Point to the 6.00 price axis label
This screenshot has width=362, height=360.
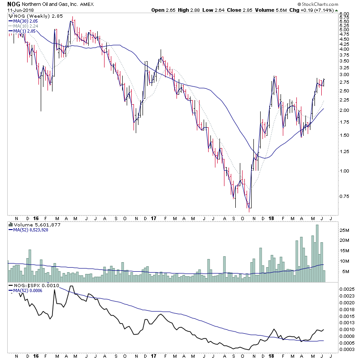pos(345,14)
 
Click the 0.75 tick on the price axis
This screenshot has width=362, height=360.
pos(345,197)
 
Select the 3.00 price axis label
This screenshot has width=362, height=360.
pos(345,75)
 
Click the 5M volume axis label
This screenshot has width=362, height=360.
pos(344,272)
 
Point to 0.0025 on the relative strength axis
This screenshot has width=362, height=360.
pos(347,288)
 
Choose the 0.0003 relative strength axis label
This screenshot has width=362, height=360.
pos(347,349)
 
